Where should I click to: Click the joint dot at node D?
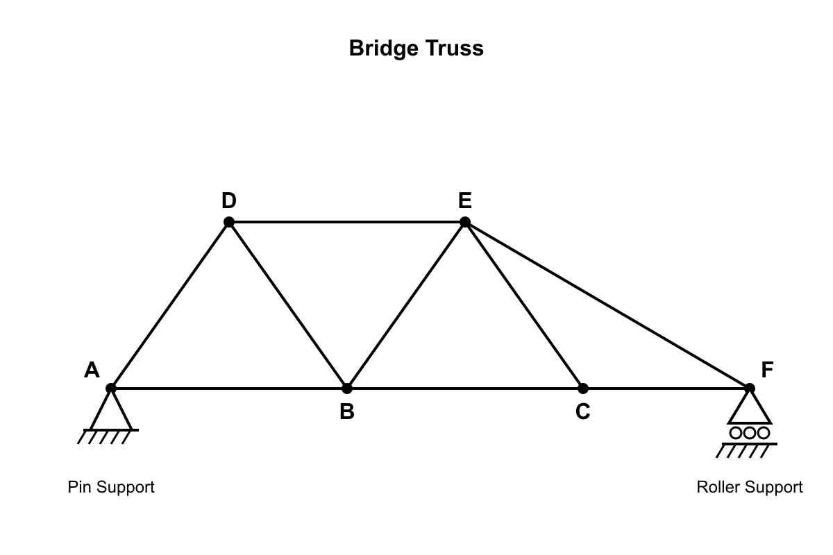point(229,222)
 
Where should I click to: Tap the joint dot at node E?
point(465,222)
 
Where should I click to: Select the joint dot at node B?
point(347,388)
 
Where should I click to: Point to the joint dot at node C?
point(582,388)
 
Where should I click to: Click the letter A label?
point(92,370)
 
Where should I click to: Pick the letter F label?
point(767,370)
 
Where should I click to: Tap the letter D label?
point(228,200)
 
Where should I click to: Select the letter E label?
point(465,200)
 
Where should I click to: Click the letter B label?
point(347,412)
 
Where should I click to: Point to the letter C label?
point(582,412)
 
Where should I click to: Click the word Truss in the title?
point(455,49)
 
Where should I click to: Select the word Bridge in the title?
point(384,49)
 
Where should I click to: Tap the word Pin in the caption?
point(80,487)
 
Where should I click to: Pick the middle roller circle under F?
point(749,433)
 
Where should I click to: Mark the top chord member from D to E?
point(347,222)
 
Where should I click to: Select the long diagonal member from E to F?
point(607,305)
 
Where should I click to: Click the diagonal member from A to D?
point(170,305)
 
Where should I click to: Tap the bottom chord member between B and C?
point(465,388)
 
